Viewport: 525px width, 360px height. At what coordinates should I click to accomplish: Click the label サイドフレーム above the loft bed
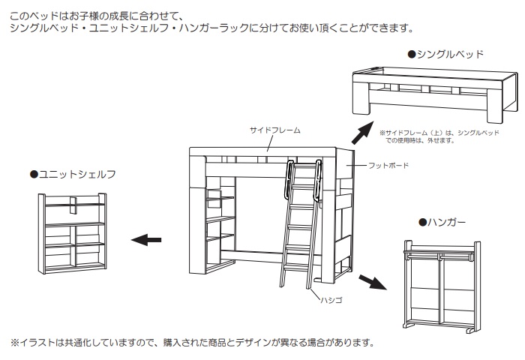pyautogui.click(x=275, y=129)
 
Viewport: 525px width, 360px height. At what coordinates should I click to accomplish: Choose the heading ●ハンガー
pyautogui.click(x=442, y=223)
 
